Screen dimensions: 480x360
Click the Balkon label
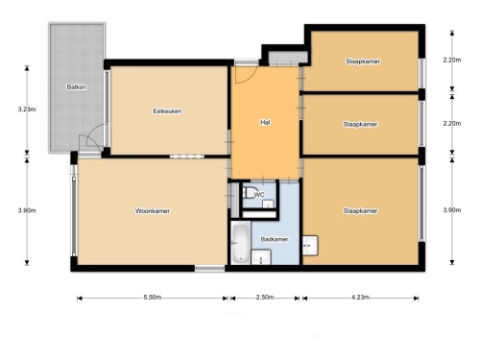[x=77, y=86]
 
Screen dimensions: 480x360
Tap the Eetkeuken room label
[x=167, y=111]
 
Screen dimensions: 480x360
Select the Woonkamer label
[x=153, y=211]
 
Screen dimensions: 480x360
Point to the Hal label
[x=265, y=122]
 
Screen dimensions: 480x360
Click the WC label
[x=259, y=195]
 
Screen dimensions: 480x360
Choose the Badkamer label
[x=275, y=239]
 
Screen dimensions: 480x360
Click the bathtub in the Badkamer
[x=241, y=243]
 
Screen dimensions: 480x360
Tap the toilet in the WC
[x=249, y=193]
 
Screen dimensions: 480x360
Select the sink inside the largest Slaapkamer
[x=310, y=246]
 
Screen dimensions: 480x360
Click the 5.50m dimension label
[x=153, y=298]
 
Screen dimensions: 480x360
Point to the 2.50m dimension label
[x=265, y=298]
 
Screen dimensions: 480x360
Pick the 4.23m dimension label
[x=360, y=298]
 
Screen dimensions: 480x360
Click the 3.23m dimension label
[x=27, y=109]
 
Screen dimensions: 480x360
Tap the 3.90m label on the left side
[x=27, y=210]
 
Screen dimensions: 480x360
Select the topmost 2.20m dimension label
[x=452, y=60]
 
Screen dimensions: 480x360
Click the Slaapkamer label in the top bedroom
[x=363, y=61]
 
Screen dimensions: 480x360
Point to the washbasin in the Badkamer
[x=261, y=257]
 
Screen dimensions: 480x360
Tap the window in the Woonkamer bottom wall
[x=209, y=269]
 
